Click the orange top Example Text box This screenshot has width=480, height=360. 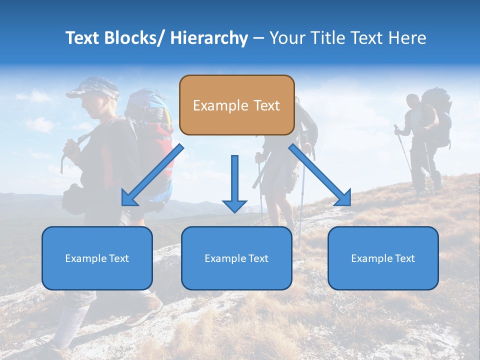tap(236, 105)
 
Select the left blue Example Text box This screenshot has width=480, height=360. tap(97, 258)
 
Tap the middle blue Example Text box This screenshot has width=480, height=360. tap(236, 258)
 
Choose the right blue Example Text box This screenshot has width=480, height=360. tap(383, 258)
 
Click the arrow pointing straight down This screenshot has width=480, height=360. tap(234, 185)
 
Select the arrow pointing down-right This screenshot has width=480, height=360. tap(320, 175)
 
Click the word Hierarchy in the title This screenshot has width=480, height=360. tap(209, 38)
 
